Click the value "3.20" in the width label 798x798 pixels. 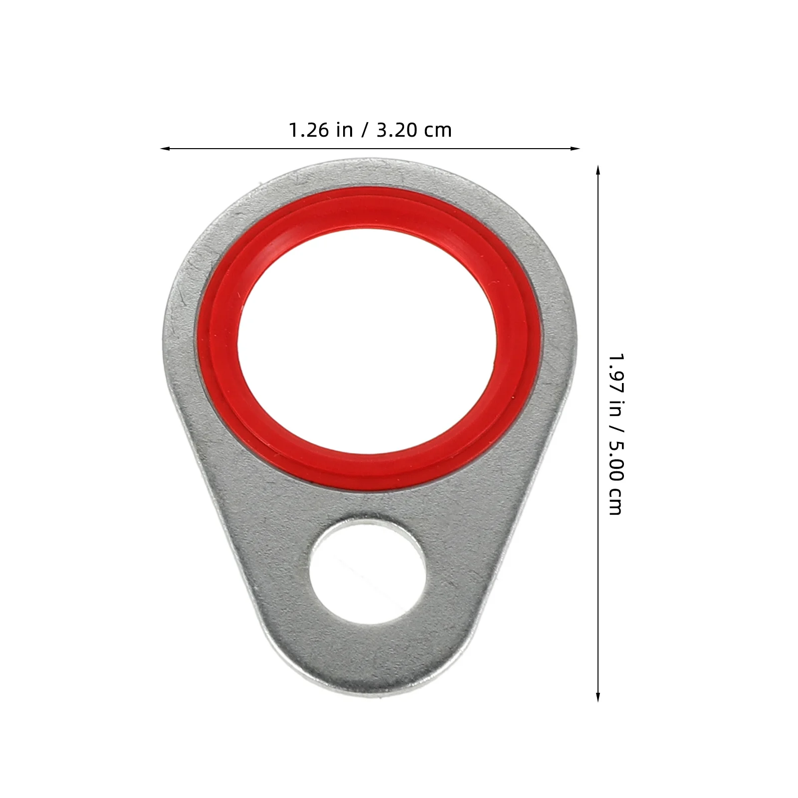click(396, 130)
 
